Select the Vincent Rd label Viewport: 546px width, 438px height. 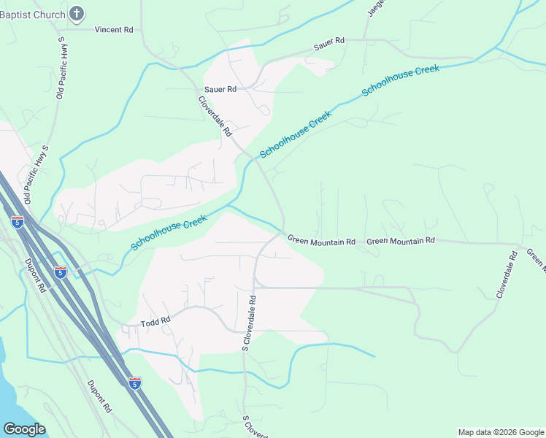coord(114,30)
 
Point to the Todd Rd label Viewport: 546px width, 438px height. coord(155,320)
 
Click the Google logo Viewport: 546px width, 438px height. coord(24,429)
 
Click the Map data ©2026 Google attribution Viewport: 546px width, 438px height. coord(501,432)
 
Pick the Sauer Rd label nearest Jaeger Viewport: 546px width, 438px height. coord(328,45)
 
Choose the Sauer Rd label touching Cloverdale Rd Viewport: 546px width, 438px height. coord(220,89)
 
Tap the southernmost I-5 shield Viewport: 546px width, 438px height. coord(134,383)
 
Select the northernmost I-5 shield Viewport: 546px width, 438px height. coord(17,221)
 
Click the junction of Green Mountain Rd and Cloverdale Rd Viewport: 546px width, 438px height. coord(282,232)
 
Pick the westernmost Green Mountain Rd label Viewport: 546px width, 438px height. coord(321,240)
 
